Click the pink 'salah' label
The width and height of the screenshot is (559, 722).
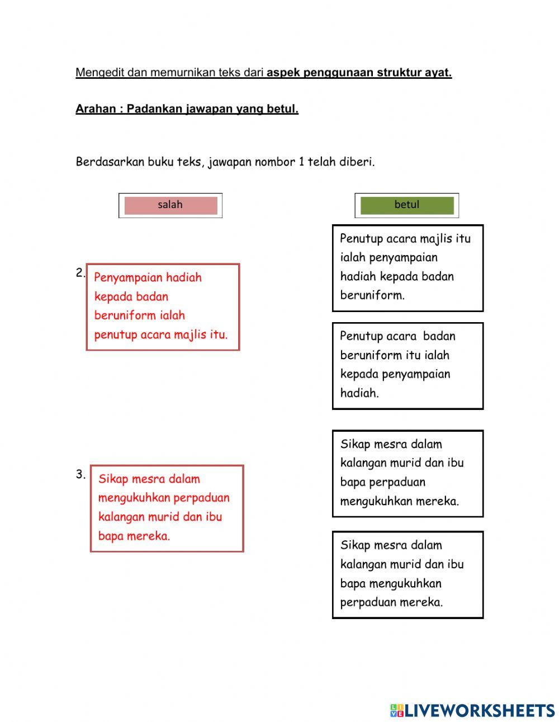pyautogui.click(x=170, y=205)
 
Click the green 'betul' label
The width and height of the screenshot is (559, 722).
pyautogui.click(x=406, y=205)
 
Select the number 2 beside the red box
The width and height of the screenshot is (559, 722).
pyautogui.click(x=80, y=273)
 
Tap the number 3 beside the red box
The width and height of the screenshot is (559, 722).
pyautogui.click(x=80, y=475)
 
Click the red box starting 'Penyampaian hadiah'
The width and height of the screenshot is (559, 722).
pyautogui.click(x=163, y=307)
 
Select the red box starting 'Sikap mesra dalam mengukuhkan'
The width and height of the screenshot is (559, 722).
pyautogui.click(x=167, y=508)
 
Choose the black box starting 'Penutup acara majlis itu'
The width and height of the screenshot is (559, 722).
pyautogui.click(x=408, y=268)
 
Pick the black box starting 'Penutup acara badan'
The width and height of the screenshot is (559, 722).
pyautogui.click(x=408, y=366)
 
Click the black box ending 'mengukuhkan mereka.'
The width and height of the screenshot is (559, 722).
pyautogui.click(x=408, y=473)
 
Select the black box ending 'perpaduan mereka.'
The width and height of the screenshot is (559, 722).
pyautogui.click(x=408, y=574)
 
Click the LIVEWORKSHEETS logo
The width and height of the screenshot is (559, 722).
pyautogui.click(x=472, y=710)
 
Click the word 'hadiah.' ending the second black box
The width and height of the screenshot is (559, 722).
pyautogui.click(x=359, y=393)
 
